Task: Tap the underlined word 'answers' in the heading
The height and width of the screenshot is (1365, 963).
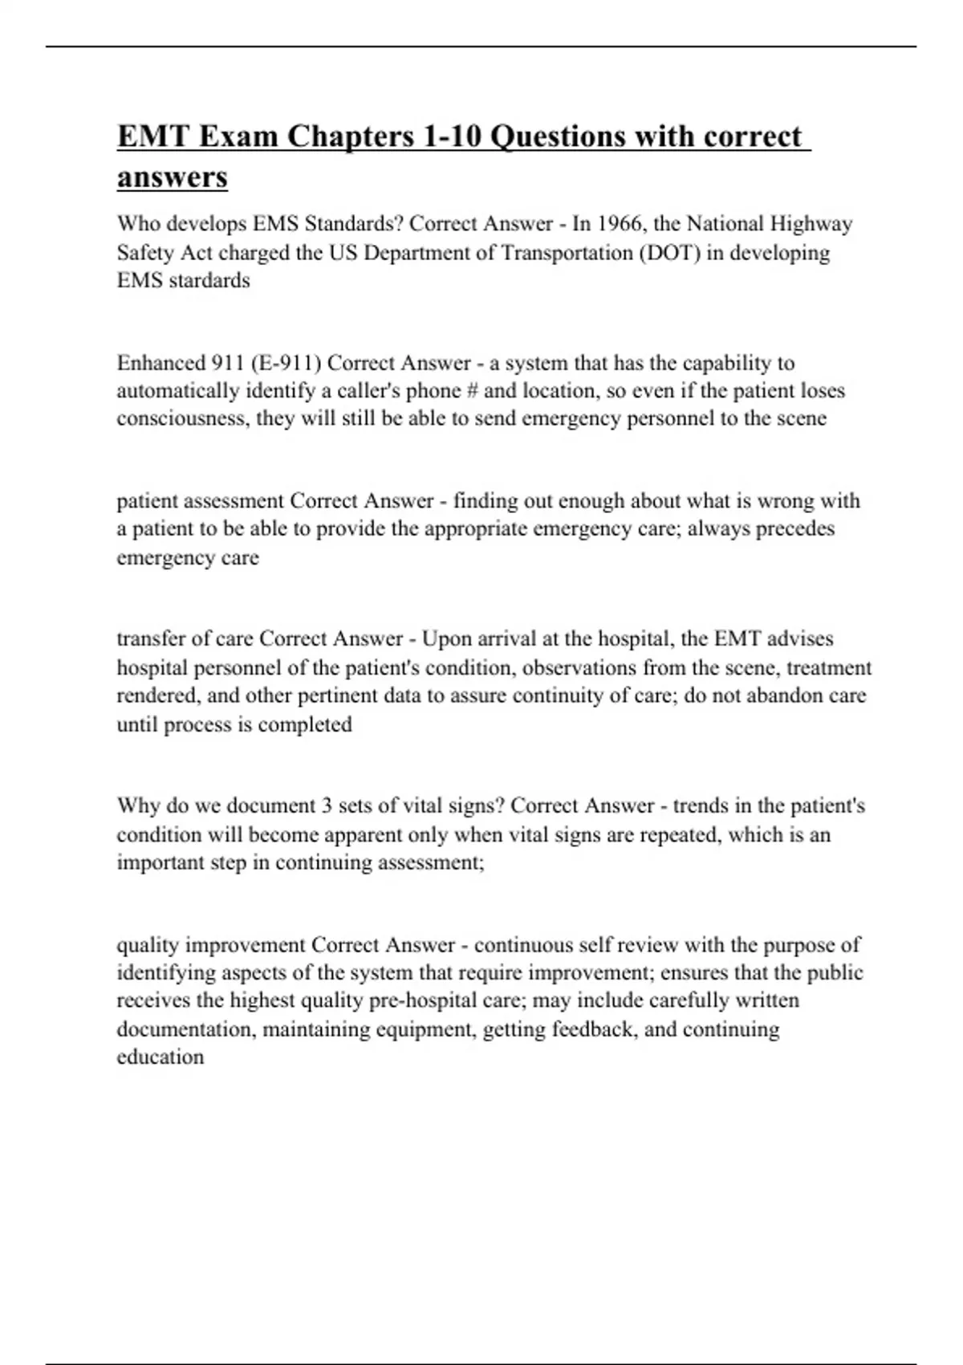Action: (x=172, y=177)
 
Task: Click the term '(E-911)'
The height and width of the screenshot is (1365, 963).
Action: (x=286, y=363)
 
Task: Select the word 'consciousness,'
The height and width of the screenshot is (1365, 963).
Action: (x=184, y=419)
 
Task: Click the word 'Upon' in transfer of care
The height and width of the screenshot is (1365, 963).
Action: (x=445, y=639)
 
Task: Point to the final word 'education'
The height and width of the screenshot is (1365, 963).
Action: (x=160, y=1057)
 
